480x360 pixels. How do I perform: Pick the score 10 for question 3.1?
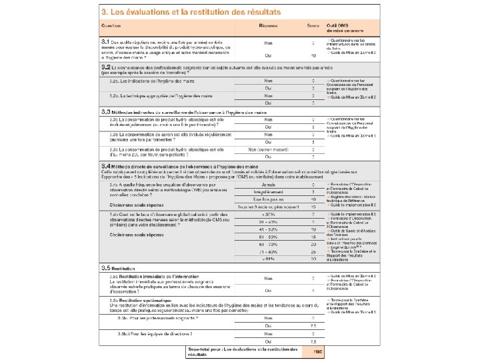313,55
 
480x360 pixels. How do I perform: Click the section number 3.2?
105,67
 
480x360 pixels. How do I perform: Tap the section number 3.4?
105,164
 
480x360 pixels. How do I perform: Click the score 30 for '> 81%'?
313,260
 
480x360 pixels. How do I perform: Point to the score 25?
313,252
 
